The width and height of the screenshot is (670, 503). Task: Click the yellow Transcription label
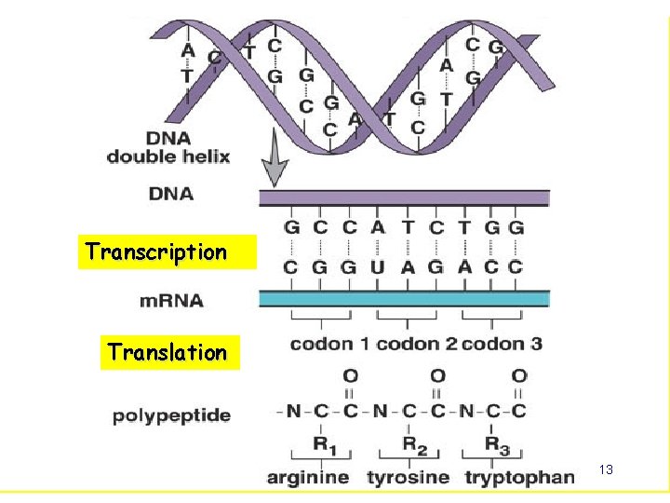click(156, 251)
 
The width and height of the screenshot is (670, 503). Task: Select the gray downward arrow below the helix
click(274, 167)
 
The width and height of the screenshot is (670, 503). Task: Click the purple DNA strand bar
click(404, 197)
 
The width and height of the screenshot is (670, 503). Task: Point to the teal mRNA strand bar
click(404, 298)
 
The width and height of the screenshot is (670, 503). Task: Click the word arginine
click(308, 478)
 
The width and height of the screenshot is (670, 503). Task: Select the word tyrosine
click(407, 478)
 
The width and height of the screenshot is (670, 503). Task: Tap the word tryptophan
click(518, 478)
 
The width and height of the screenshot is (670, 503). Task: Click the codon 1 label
click(328, 344)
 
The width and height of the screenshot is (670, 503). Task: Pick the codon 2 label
click(416, 344)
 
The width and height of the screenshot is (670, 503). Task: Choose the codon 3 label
click(502, 344)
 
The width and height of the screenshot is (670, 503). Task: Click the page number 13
click(606, 470)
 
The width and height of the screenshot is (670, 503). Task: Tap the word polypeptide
click(171, 415)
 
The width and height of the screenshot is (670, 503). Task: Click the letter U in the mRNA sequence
click(377, 266)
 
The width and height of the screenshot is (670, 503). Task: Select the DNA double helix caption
click(168, 147)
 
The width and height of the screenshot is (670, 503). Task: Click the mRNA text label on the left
click(171, 301)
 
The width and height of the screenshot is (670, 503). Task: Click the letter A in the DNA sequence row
click(377, 226)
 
